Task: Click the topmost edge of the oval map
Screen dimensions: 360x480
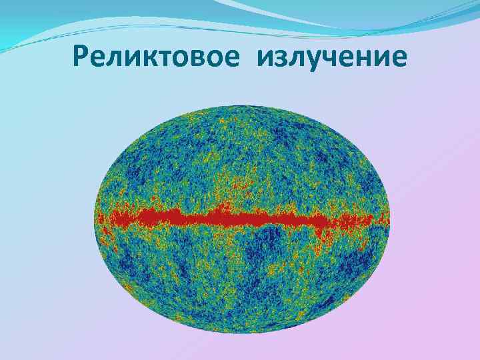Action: coord(242,105)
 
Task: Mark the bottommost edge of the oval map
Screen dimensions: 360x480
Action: coord(242,333)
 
